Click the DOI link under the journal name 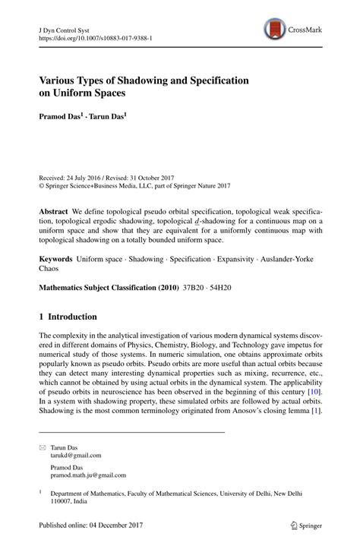pos(89,36)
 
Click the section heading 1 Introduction pos(68,317)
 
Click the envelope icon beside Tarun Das pos(43,448)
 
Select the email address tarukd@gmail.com pos(76,456)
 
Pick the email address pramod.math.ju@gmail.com pos(88,475)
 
